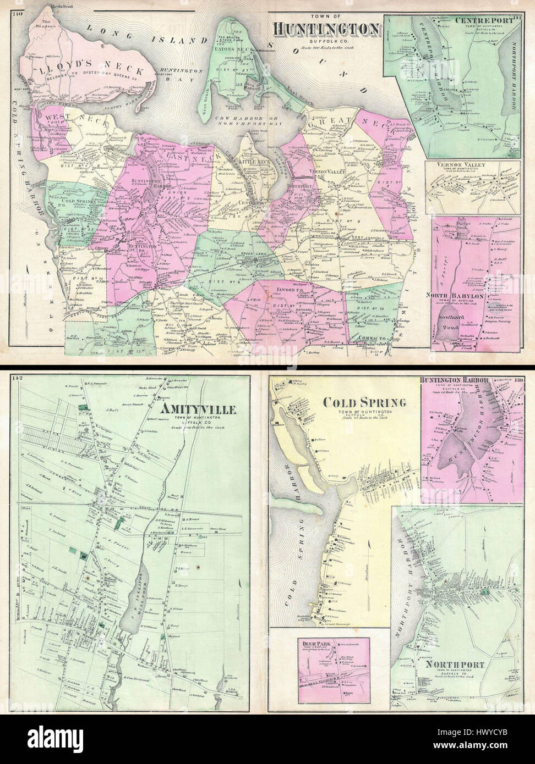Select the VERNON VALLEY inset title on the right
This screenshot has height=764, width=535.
coord(474,165)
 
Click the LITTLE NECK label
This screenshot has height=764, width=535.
coord(252,162)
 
